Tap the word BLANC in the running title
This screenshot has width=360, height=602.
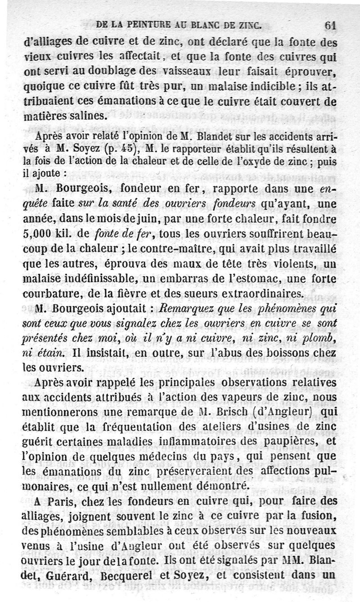(x=203, y=26)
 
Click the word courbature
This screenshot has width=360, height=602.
(x=52, y=294)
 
